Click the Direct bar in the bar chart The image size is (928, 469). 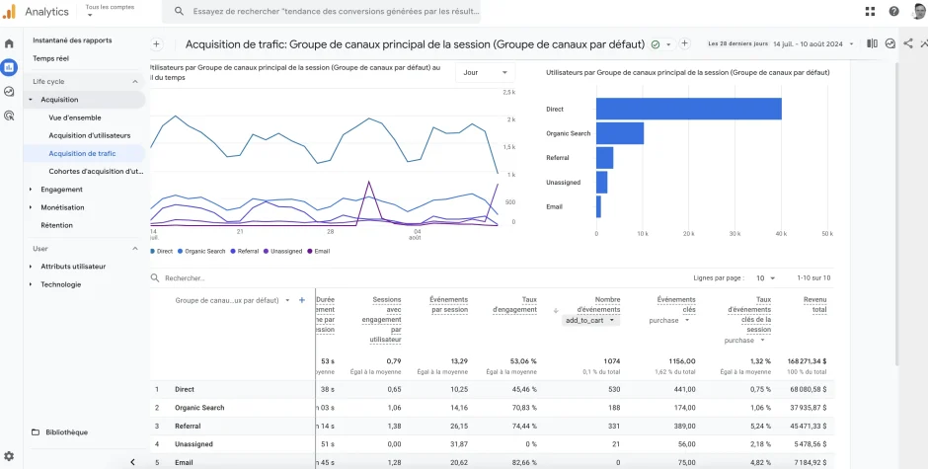688,109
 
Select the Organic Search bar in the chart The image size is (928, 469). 619,133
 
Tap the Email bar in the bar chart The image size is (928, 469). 598,206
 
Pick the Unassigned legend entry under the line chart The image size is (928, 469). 283,251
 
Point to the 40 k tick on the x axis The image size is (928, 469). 781,234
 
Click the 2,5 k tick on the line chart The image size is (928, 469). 509,92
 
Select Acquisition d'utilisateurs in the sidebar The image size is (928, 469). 89,135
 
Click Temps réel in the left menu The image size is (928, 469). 50,58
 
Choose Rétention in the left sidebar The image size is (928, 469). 56,225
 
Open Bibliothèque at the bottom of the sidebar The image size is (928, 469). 66,431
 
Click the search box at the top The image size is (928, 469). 326,12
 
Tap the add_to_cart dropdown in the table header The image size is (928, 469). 591,320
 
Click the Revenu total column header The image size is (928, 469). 814,304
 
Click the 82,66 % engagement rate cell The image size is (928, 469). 517,462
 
